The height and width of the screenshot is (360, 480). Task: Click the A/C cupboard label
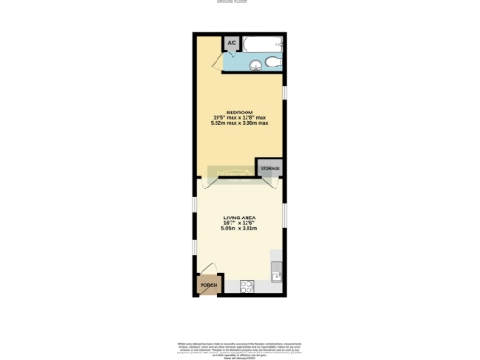point(232,42)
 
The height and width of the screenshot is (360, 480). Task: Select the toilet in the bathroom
point(271,62)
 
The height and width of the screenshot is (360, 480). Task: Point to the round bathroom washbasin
point(254,64)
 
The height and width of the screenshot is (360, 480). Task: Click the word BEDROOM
point(238,112)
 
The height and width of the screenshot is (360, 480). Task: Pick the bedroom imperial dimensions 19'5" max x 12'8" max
point(238,117)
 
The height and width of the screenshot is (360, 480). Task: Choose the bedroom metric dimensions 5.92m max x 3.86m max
point(238,123)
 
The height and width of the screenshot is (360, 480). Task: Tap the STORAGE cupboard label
point(270,168)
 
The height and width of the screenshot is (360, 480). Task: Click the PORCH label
point(208,284)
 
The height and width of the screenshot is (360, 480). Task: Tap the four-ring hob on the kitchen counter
point(247,286)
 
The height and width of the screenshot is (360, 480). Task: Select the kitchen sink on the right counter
point(275,274)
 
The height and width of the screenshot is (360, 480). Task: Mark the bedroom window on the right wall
point(285,95)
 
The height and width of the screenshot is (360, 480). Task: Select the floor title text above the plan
point(240,3)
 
